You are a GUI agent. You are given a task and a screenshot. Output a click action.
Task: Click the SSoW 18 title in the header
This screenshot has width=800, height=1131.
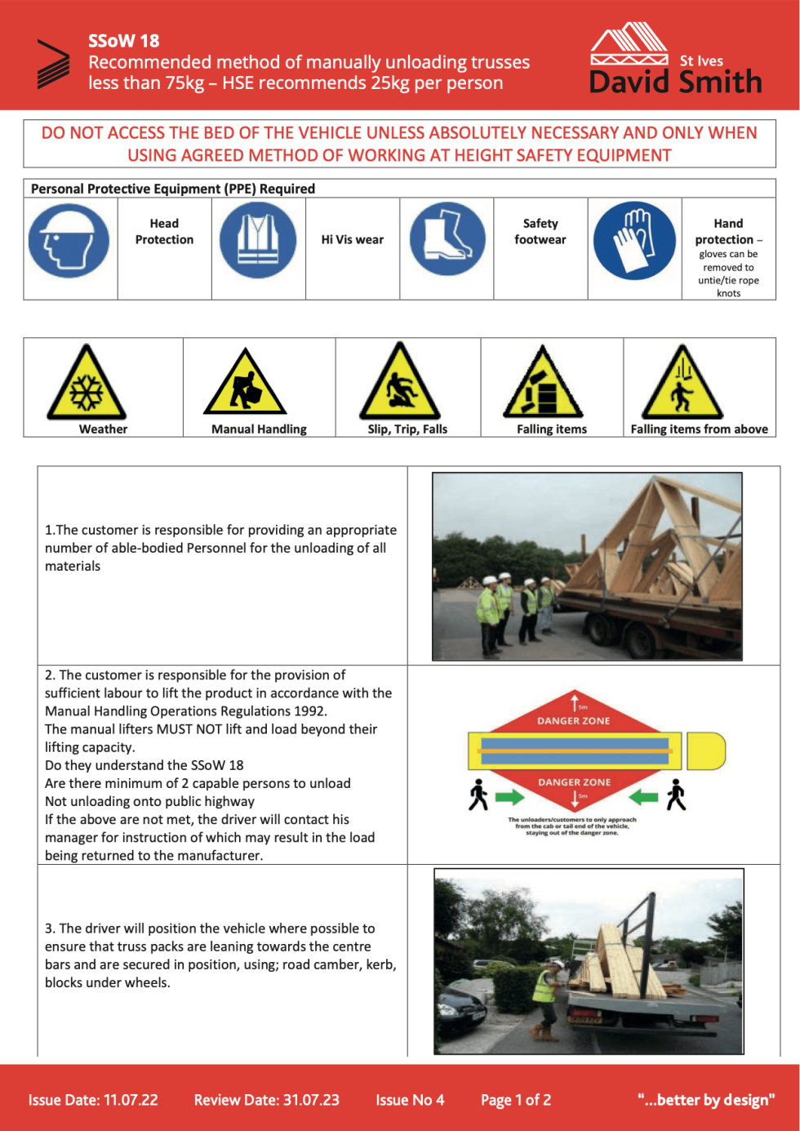[x=124, y=41]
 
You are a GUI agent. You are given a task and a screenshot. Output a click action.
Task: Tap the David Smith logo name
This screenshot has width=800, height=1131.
[x=675, y=82]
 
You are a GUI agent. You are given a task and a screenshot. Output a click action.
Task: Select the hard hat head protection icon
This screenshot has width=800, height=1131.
[x=69, y=241]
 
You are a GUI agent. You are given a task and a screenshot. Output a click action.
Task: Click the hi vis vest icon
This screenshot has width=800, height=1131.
[x=258, y=241]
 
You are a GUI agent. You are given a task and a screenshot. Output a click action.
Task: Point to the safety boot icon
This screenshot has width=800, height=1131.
[x=447, y=239]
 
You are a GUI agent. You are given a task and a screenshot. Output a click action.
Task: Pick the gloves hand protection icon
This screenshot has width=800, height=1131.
[x=634, y=241]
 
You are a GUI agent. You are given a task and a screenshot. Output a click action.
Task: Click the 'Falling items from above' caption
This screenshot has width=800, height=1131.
[x=699, y=429]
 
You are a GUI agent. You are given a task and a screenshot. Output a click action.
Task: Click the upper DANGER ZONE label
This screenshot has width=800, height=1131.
[x=573, y=720]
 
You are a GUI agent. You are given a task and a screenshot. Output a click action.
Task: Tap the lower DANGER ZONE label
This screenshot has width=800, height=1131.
[x=574, y=781]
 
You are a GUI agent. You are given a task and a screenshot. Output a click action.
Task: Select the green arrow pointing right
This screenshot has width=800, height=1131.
[x=509, y=796]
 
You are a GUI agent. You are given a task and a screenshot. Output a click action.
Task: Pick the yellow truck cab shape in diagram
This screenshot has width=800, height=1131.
[x=705, y=750]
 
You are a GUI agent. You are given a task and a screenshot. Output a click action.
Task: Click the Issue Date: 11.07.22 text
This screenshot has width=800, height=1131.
[x=93, y=1099]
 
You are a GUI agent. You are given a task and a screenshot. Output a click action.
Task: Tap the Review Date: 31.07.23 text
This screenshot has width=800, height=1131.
[x=266, y=1099]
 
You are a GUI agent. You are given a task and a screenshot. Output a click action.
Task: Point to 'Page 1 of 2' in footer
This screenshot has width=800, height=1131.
[x=515, y=1099]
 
